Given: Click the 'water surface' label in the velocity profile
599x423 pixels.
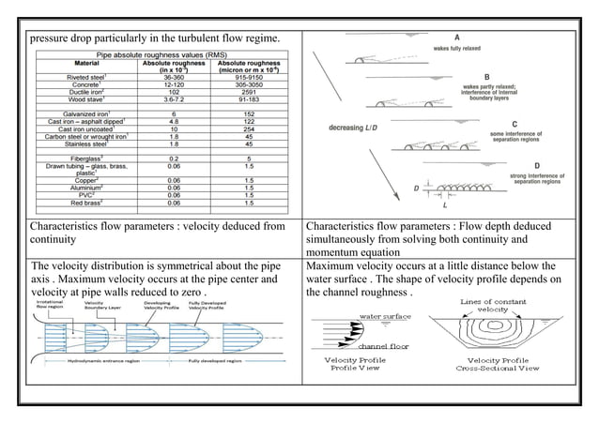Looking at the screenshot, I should pyautogui.click(x=386, y=316).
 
